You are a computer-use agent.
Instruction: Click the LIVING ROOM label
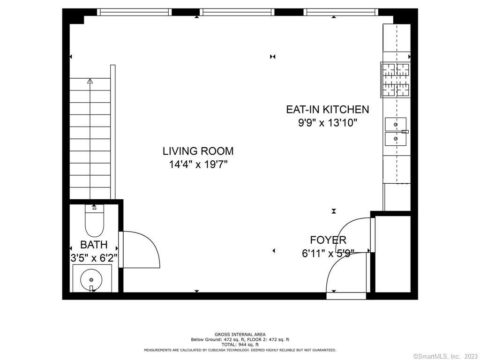point(198,151)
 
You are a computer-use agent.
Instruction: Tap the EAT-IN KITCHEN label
point(328,109)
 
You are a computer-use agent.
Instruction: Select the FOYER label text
point(328,240)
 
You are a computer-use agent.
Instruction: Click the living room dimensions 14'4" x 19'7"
point(198,165)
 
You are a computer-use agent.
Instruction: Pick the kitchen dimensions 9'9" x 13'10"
point(328,123)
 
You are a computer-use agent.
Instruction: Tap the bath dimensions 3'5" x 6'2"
point(94,258)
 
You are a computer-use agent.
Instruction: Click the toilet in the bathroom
point(94,220)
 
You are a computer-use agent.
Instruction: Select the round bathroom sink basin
point(91,280)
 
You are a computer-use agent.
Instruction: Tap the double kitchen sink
point(396,132)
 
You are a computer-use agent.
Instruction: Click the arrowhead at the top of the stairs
point(90,81)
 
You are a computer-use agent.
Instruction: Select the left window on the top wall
point(134,12)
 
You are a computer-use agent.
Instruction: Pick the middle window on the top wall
point(237,12)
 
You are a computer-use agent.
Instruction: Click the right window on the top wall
point(341,12)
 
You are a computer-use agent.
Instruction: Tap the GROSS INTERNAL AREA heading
point(240,335)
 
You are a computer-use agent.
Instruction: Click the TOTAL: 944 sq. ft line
point(240,345)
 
